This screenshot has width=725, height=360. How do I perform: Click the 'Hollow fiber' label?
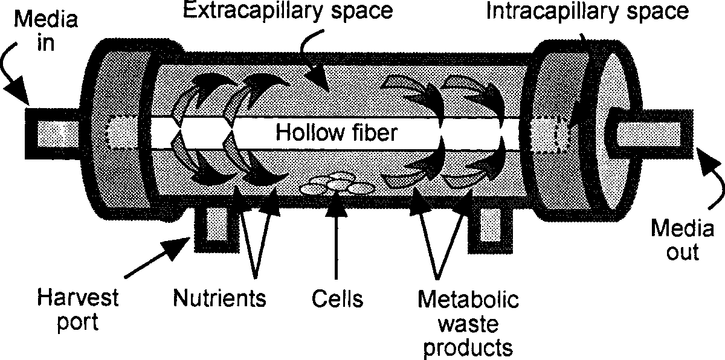point(337,132)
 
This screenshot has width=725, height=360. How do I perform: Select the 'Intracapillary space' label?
point(588,13)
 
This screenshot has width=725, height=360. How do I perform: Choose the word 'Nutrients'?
point(219,297)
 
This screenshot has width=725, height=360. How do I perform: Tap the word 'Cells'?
point(338,297)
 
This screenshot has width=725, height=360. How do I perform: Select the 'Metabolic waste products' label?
point(467,323)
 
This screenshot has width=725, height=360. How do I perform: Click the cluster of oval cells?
point(337,184)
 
